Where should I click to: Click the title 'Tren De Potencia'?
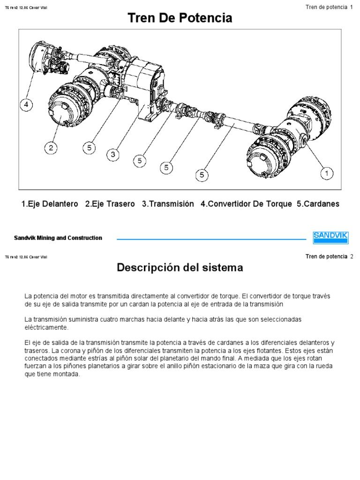pyautogui.click(x=180, y=19)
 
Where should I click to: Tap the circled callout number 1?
pyautogui.click(x=327, y=174)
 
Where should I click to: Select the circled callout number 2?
pyautogui.click(x=51, y=149)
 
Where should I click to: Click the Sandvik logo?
pyautogui.click(x=330, y=237)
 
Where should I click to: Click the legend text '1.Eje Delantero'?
pyautogui.click(x=50, y=204)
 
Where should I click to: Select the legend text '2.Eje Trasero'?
pyautogui.click(x=110, y=204)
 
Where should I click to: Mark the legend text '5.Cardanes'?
pyautogui.click(x=318, y=204)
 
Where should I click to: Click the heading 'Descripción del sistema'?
pyautogui.click(x=180, y=268)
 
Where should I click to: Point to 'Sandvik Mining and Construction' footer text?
pyautogui.click(x=58, y=238)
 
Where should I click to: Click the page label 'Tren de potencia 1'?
pyautogui.click(x=329, y=7)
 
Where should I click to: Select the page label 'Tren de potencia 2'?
pyautogui.click(x=329, y=256)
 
